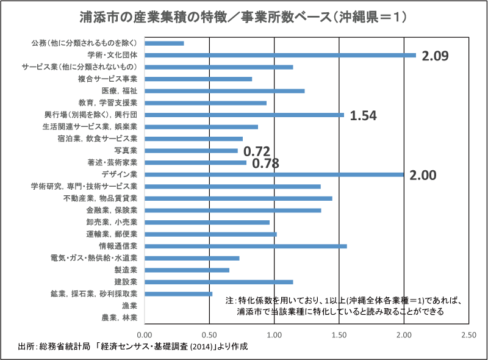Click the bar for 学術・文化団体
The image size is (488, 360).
coord(281,55)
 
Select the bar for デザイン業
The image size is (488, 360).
coord(274,175)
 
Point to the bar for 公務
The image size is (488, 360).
coord(165,43)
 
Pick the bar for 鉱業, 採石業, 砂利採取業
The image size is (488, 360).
coord(179,293)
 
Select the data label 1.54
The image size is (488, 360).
coord(364,115)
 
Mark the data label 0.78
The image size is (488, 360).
coord(265,163)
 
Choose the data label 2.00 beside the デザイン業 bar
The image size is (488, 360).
coord(423,176)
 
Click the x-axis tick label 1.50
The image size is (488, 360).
coord(339,335)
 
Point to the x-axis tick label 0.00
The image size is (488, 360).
coord(145,335)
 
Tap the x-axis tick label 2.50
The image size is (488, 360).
coord(468,335)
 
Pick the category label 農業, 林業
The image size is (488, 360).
coord(121,317)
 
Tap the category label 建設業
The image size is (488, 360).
coord(126,282)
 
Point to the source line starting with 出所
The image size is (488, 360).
coord(134,347)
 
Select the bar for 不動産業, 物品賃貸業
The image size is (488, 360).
coord(239,198)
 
